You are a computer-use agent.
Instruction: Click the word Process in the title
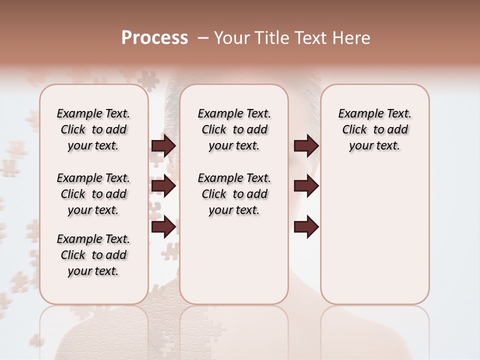(154, 38)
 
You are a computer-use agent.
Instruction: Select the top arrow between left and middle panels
(163, 145)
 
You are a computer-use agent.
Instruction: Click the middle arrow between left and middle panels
(163, 186)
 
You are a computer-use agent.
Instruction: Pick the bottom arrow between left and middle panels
(163, 227)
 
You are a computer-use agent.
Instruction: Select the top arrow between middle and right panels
(306, 145)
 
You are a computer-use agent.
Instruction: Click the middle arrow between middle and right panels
(306, 186)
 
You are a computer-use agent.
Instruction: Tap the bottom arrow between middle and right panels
(306, 227)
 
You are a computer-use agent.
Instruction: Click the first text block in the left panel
(93, 129)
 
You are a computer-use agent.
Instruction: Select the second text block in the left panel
(93, 194)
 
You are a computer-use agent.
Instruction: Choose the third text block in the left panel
(93, 255)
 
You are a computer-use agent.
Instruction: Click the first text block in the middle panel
(234, 129)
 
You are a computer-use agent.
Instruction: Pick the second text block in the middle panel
(234, 194)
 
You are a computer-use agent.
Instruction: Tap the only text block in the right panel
(374, 129)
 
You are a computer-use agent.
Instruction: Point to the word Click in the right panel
(354, 130)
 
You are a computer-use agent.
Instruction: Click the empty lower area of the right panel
(374, 240)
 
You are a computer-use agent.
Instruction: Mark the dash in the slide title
(202, 38)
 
